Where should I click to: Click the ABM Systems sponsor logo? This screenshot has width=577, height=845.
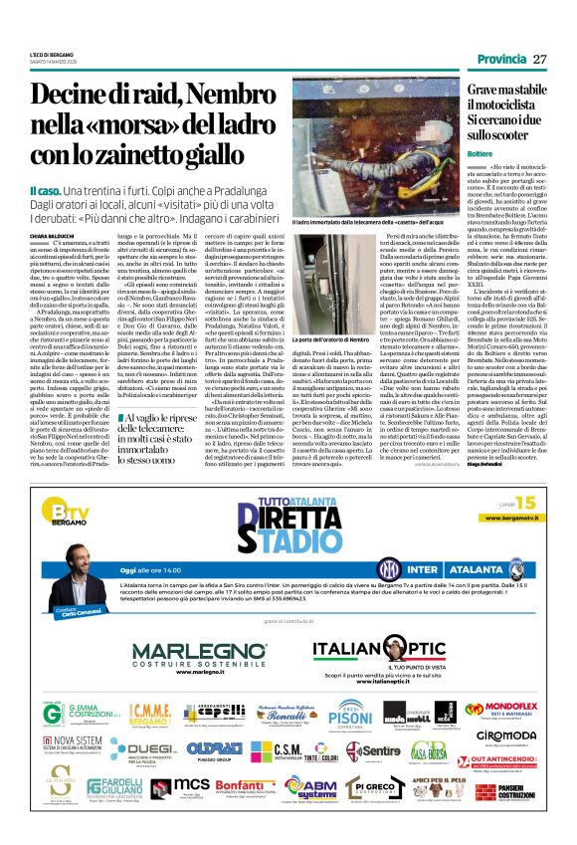tap(311, 788)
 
